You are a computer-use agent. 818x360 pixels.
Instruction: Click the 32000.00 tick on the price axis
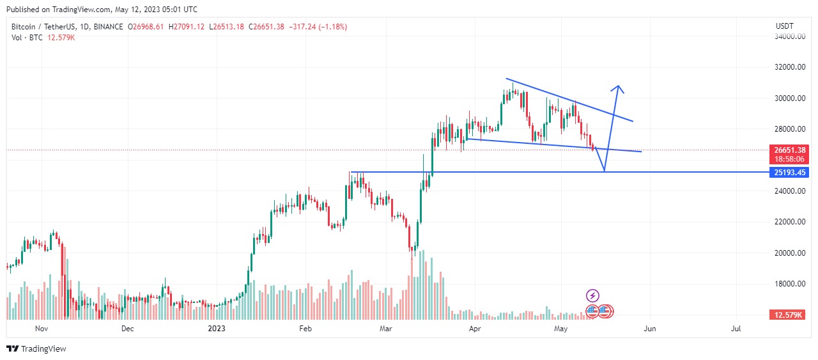[789, 67]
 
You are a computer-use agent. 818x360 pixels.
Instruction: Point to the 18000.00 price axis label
[789, 284]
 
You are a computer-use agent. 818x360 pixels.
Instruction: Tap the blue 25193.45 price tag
[789, 173]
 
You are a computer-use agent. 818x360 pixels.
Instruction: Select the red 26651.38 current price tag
[789, 150]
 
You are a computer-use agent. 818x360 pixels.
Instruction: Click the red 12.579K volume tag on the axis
[789, 315]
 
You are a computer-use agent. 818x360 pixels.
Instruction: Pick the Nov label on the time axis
[42, 329]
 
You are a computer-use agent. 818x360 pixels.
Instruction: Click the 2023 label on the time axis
[217, 329]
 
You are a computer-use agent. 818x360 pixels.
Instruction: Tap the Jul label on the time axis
[736, 329]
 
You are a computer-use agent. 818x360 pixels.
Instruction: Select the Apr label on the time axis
[474, 329]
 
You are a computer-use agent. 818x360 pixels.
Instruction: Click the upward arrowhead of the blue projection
[618, 88]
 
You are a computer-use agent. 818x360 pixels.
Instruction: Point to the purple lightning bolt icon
[592, 295]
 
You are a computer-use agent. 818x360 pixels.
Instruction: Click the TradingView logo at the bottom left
[36, 348]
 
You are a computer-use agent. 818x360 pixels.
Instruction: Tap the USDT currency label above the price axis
[784, 26]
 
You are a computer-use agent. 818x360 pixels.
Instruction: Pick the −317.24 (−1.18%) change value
[318, 27]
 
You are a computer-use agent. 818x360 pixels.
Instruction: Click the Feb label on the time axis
[305, 329]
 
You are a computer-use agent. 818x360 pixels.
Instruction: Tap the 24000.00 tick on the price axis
[789, 191]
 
